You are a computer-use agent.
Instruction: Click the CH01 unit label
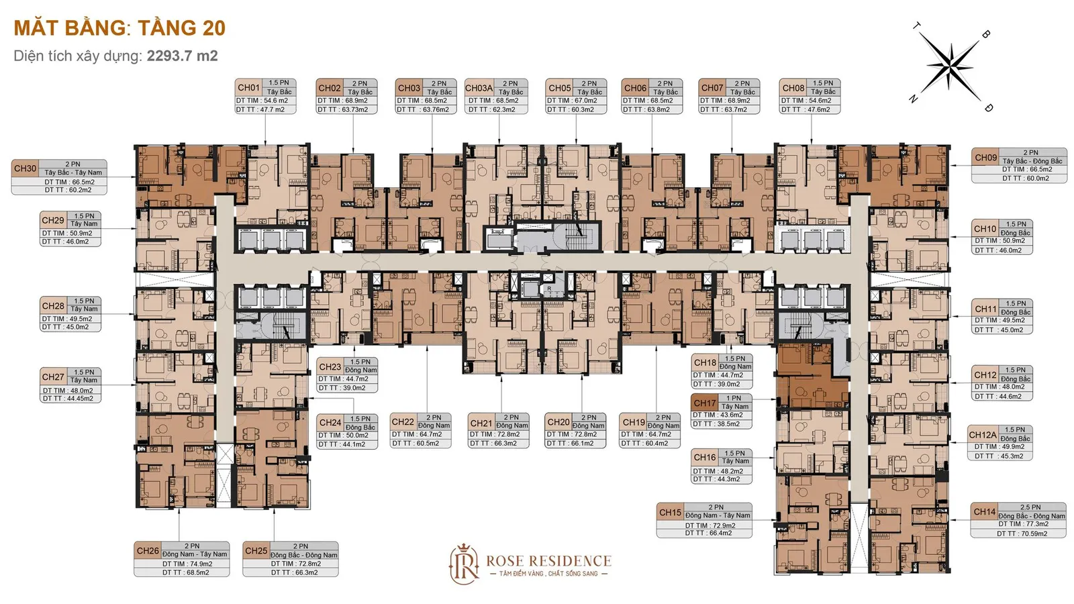point(249,88)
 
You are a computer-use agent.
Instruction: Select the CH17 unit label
point(704,403)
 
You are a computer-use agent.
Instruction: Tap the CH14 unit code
point(984,512)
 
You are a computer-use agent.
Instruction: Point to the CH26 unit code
point(148,551)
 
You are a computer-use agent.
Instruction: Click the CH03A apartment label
point(479,88)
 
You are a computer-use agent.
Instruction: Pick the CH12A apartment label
point(983,435)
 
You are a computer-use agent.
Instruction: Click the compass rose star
point(950,66)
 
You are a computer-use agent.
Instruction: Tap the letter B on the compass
point(986,34)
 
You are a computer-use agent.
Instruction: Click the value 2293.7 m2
point(182,56)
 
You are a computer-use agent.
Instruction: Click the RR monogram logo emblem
point(464,564)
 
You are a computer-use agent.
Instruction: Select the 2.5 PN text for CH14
point(1030,507)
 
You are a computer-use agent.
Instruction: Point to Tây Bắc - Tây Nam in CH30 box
point(73,172)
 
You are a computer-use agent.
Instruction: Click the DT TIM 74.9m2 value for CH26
point(187,564)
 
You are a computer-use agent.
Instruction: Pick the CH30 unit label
point(25,168)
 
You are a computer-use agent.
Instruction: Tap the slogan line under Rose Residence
point(548,574)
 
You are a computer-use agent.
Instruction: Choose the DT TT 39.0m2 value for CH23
point(342,388)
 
